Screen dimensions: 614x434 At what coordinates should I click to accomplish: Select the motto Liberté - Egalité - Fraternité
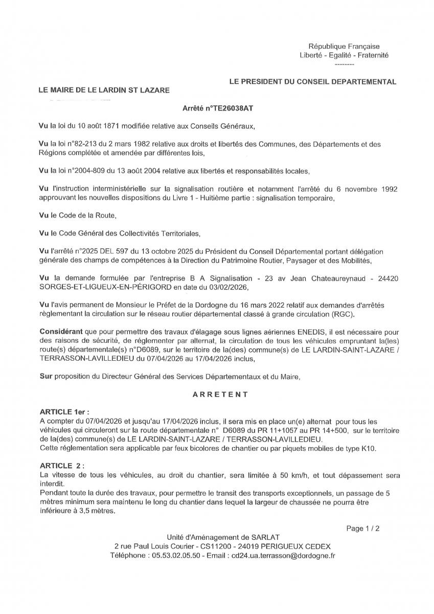tap(344, 55)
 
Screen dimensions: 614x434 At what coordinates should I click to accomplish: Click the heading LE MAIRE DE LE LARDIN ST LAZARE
tap(104, 90)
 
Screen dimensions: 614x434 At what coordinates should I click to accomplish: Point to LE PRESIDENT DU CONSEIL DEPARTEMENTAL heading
tap(312, 81)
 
